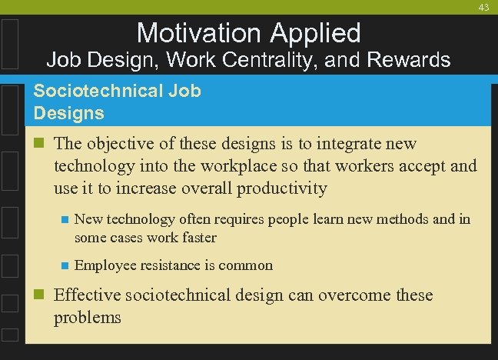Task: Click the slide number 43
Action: (483, 7)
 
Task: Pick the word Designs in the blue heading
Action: (69, 113)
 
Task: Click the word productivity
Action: (282, 188)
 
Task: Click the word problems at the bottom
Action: (88, 317)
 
